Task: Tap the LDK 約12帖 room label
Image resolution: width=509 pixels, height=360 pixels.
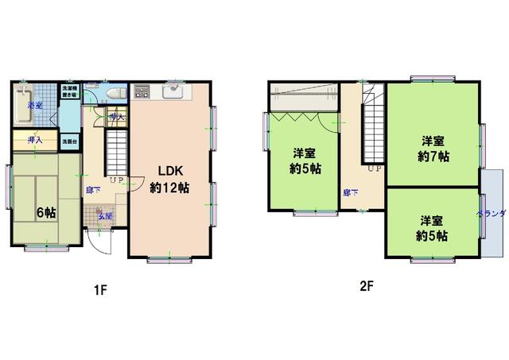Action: pyautogui.click(x=169, y=180)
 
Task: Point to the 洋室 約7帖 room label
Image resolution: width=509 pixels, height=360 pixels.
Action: pyautogui.click(x=433, y=149)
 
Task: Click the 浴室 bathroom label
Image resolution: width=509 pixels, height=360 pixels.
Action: pyautogui.click(x=34, y=106)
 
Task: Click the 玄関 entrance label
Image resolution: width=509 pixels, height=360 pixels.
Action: pyautogui.click(x=105, y=215)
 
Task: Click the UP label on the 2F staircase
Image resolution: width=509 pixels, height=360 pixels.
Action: pyautogui.click(x=372, y=168)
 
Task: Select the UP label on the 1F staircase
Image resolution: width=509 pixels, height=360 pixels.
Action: pyautogui.click(x=116, y=180)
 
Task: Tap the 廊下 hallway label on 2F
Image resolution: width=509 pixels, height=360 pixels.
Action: pyautogui.click(x=350, y=192)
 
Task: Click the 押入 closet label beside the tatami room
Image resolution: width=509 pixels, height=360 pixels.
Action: pyautogui.click(x=35, y=142)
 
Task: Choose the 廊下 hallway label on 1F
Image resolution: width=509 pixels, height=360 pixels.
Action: pyautogui.click(x=92, y=191)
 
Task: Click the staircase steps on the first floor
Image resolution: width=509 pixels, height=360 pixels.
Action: pyautogui.click(x=117, y=151)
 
